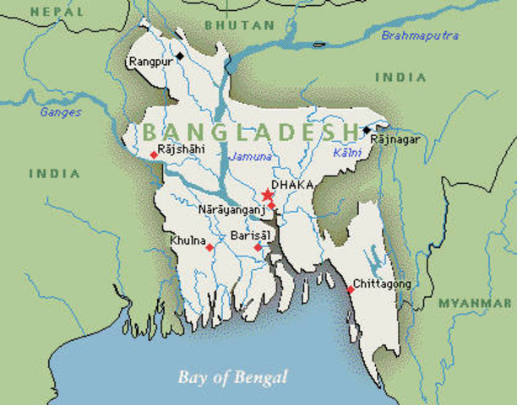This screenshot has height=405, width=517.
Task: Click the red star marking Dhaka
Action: pyautogui.click(x=268, y=196)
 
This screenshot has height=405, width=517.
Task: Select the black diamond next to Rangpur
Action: pyautogui.click(x=179, y=62)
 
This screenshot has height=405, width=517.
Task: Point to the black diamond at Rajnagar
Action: pyautogui.click(x=366, y=130)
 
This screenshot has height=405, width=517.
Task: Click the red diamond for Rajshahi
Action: pyautogui.click(x=153, y=154)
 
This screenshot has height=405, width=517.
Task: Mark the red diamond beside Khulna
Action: pyautogui.click(x=209, y=247)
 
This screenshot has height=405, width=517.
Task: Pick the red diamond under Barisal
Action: pyautogui.click(x=258, y=247)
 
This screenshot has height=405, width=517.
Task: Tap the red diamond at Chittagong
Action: pyautogui.click(x=350, y=289)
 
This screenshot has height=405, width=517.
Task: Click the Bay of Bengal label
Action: pyautogui.click(x=232, y=376)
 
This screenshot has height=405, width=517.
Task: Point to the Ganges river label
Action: pyautogui.click(x=61, y=111)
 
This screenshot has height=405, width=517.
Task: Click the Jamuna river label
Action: pyautogui.click(x=252, y=157)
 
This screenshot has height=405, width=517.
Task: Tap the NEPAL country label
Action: pyautogui.click(x=57, y=12)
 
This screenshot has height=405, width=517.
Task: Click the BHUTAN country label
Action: pyautogui.click(x=240, y=25)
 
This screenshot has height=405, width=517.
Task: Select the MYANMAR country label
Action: pyautogui.click(x=474, y=302)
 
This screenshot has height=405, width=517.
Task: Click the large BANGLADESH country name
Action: pyautogui.click(x=250, y=132)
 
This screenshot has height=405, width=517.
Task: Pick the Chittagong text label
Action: pyautogui.click(x=382, y=283)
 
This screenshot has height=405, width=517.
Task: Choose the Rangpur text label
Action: pyautogui.click(x=150, y=62)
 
